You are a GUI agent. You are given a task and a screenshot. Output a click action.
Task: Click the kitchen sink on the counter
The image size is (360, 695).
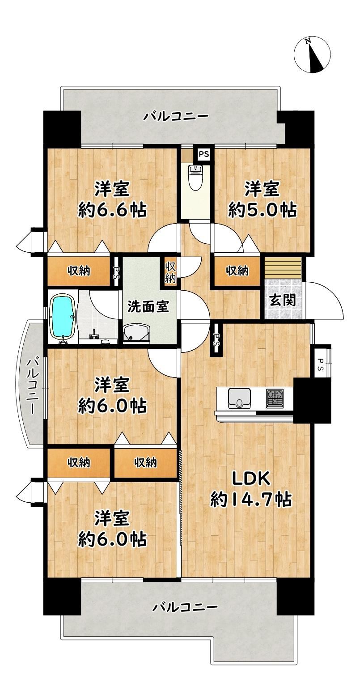click(x=239, y=398)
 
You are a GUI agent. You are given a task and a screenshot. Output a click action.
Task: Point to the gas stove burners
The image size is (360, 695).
click(x=274, y=398)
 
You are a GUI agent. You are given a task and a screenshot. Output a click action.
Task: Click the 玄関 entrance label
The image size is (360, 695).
click(x=282, y=301)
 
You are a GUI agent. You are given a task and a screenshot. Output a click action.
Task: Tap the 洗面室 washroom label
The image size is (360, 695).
click(x=148, y=306)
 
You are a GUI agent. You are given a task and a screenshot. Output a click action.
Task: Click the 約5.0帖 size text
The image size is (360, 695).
click(x=262, y=210)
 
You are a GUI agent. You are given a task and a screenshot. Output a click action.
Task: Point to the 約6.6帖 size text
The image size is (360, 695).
click(x=112, y=210)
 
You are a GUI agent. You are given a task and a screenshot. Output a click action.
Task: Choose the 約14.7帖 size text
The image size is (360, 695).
click(x=251, y=499)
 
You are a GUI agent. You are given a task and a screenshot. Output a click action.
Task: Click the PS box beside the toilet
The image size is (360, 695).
click(x=203, y=154)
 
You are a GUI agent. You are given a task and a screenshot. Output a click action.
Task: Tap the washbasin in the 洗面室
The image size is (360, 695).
click(x=136, y=333)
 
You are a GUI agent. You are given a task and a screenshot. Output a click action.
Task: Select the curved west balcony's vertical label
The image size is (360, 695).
click(x=32, y=386)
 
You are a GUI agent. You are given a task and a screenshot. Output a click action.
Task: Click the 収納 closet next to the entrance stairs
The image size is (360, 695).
click(x=237, y=271)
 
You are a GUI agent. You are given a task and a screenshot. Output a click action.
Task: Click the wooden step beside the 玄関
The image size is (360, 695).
click(x=283, y=268)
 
